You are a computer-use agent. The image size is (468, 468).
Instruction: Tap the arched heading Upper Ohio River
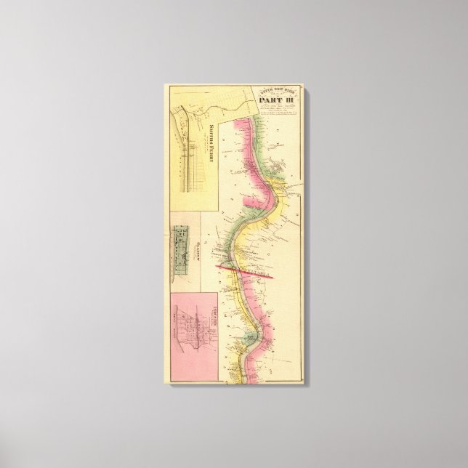(x=272, y=91)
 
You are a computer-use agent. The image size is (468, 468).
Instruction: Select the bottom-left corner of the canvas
(x=169, y=386)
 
